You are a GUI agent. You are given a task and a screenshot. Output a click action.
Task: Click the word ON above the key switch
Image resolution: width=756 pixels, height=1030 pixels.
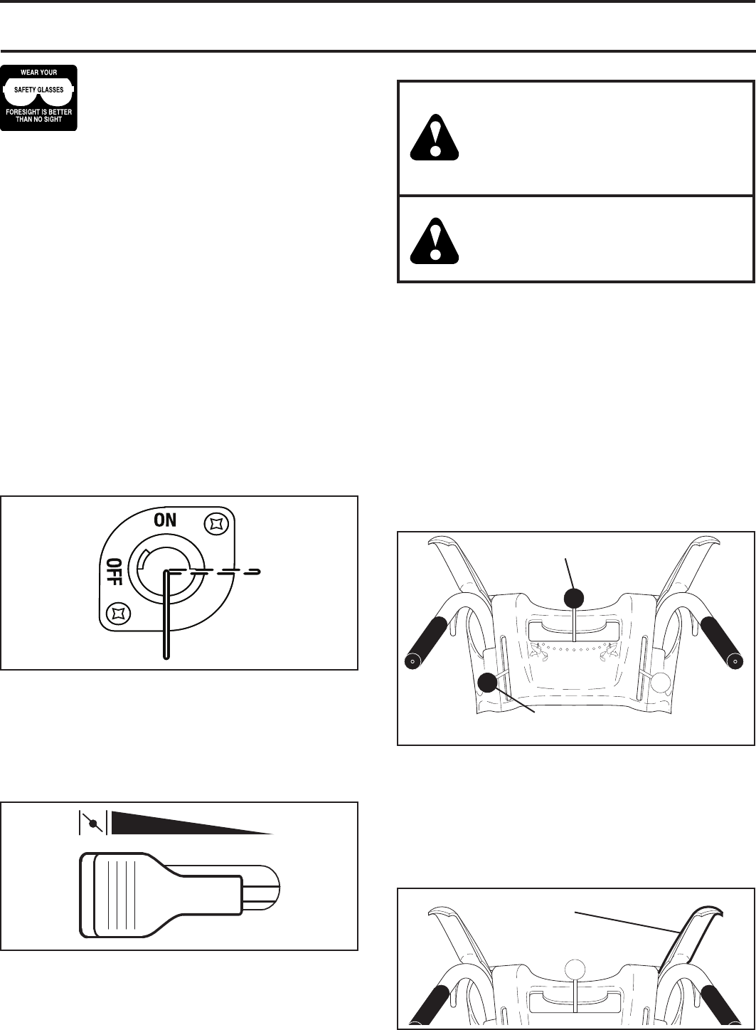166,520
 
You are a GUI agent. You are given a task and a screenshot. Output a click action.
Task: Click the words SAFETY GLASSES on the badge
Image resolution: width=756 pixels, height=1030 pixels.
38,89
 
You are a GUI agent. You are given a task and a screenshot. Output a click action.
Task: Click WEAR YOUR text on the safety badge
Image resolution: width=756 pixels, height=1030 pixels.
38,72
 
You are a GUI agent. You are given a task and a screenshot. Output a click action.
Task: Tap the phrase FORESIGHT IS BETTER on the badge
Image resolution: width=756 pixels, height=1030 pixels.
38,111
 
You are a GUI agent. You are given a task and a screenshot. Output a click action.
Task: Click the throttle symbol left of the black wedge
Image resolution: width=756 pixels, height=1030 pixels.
92,822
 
